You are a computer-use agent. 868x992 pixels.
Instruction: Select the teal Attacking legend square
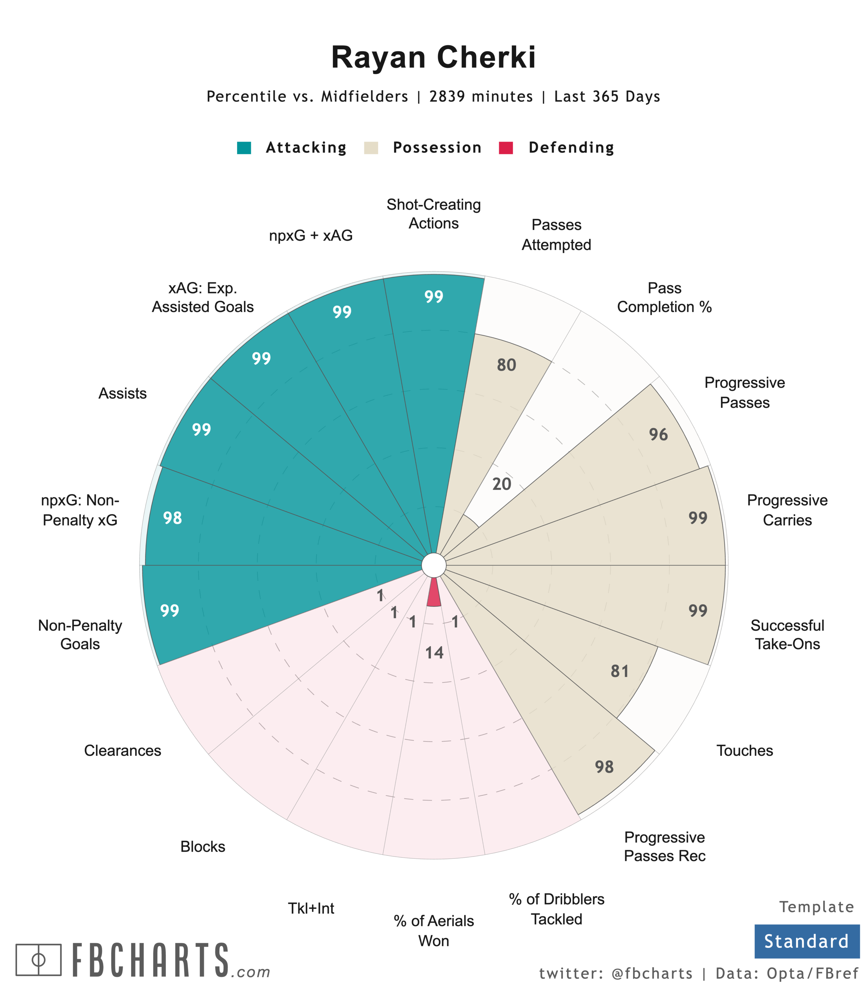[244, 148]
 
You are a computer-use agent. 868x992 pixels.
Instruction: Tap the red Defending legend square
[506, 148]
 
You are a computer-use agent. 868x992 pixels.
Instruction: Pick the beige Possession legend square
[371, 148]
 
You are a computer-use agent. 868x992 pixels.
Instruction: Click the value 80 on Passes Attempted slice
[506, 365]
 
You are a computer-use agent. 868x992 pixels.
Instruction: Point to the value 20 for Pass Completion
[502, 484]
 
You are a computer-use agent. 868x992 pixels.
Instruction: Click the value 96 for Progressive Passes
[658, 435]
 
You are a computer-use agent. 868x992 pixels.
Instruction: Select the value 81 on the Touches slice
[619, 671]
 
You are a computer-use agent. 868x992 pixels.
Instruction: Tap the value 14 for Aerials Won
[434, 653]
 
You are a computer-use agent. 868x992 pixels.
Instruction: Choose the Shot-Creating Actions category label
[434, 214]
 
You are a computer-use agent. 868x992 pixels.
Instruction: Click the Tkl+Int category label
[311, 908]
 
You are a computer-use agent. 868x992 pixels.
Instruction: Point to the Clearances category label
[122, 750]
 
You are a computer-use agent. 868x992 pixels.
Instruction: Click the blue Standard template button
[807, 941]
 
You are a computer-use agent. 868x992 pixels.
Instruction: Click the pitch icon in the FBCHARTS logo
[38, 959]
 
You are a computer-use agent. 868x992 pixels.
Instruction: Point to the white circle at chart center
[434, 565]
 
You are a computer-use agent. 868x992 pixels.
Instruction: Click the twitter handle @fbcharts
[652, 974]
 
